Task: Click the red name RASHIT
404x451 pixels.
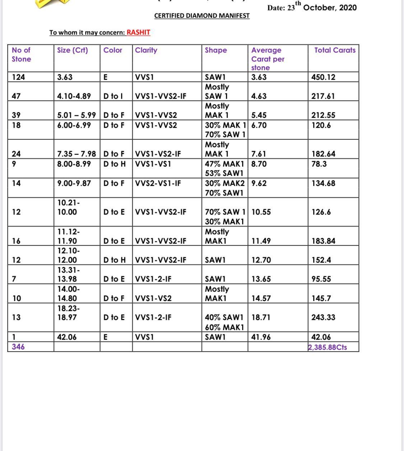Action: [138, 32]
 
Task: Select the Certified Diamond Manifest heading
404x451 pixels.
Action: [202, 16]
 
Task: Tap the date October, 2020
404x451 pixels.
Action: [330, 8]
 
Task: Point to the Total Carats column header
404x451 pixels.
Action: [335, 50]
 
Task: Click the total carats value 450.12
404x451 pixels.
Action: [323, 77]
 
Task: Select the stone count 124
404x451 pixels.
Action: [18, 77]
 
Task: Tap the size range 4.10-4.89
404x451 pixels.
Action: [74, 96]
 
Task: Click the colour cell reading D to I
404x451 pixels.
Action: [113, 96]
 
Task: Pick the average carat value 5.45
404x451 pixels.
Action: [259, 115]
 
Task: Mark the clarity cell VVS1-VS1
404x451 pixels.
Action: [153, 164]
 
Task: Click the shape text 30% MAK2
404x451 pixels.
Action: [224, 183]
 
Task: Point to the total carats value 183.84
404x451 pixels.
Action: [323, 241]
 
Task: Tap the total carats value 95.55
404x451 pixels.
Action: [321, 279]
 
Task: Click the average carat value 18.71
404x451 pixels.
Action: [261, 317]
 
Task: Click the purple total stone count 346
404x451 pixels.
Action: [18, 347]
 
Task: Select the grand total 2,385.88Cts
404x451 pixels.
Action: [328, 347]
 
